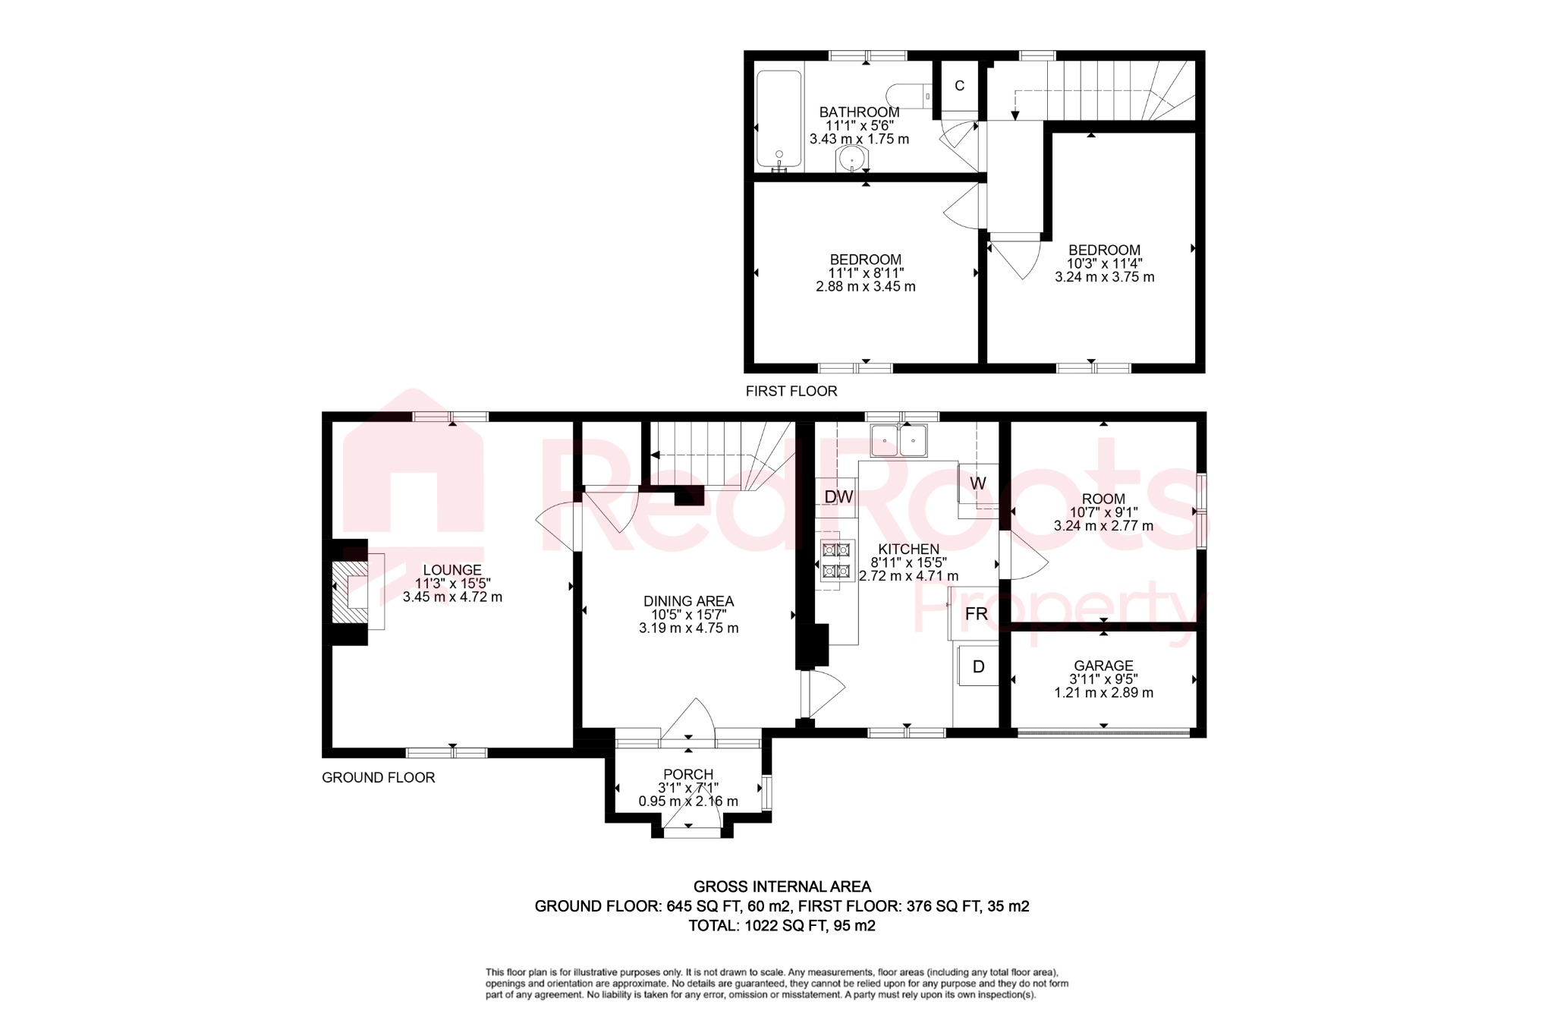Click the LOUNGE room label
452,570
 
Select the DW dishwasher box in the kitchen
838,497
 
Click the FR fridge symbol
976,613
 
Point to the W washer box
977,483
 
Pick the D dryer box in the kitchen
978,666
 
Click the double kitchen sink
899,441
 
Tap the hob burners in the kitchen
835,560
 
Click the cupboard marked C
959,86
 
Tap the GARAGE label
1103,666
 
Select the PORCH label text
688,774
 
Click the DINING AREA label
688,601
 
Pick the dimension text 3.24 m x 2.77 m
1103,526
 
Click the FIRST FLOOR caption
791,391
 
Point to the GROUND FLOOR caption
378,777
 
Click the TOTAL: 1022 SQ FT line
782,925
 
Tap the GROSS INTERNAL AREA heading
782,886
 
